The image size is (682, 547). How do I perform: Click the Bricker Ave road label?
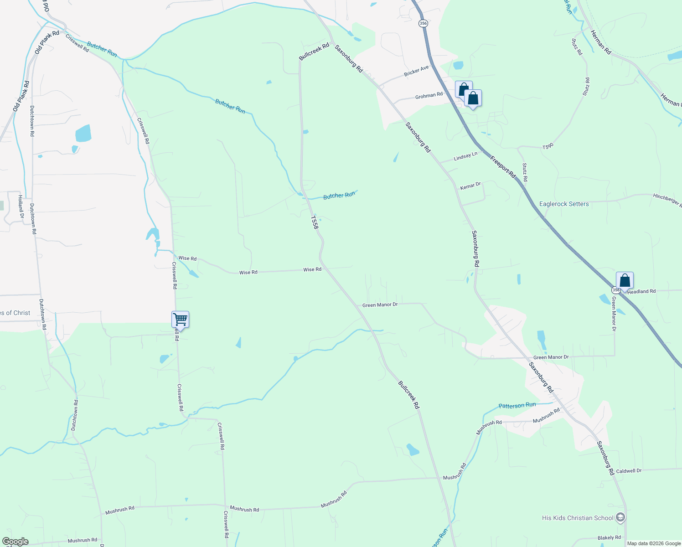point(416,71)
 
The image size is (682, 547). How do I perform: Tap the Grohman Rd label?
point(429,95)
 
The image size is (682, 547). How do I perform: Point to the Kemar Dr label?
point(470,186)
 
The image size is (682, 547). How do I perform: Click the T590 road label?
point(548,146)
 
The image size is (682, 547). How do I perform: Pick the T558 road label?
point(314,222)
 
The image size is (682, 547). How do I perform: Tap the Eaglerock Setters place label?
point(564,204)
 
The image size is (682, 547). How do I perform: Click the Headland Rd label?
point(641,291)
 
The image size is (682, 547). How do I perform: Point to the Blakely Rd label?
point(609,538)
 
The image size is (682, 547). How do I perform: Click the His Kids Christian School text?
point(578,518)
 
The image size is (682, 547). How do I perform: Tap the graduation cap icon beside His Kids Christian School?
point(620,517)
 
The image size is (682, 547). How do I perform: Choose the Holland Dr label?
point(20,206)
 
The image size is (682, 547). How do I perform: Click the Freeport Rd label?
point(503,167)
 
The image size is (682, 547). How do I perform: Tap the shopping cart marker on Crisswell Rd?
point(181,320)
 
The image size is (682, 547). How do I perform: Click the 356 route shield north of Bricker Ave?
point(424,24)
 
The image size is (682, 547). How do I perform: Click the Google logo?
point(15,542)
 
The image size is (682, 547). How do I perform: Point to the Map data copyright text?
point(654,543)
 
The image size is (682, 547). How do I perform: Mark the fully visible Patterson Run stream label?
point(517,405)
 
